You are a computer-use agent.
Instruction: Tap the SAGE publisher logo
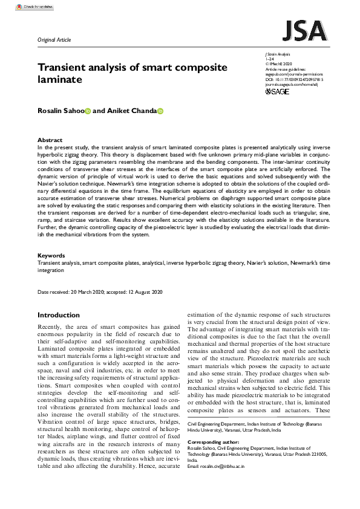pos(277,91)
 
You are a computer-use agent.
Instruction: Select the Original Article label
pos(54,40)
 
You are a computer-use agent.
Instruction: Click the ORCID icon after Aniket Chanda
pos(161,111)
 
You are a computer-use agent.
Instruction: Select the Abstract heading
pos(50,140)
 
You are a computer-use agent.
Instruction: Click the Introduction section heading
pos(59,315)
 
